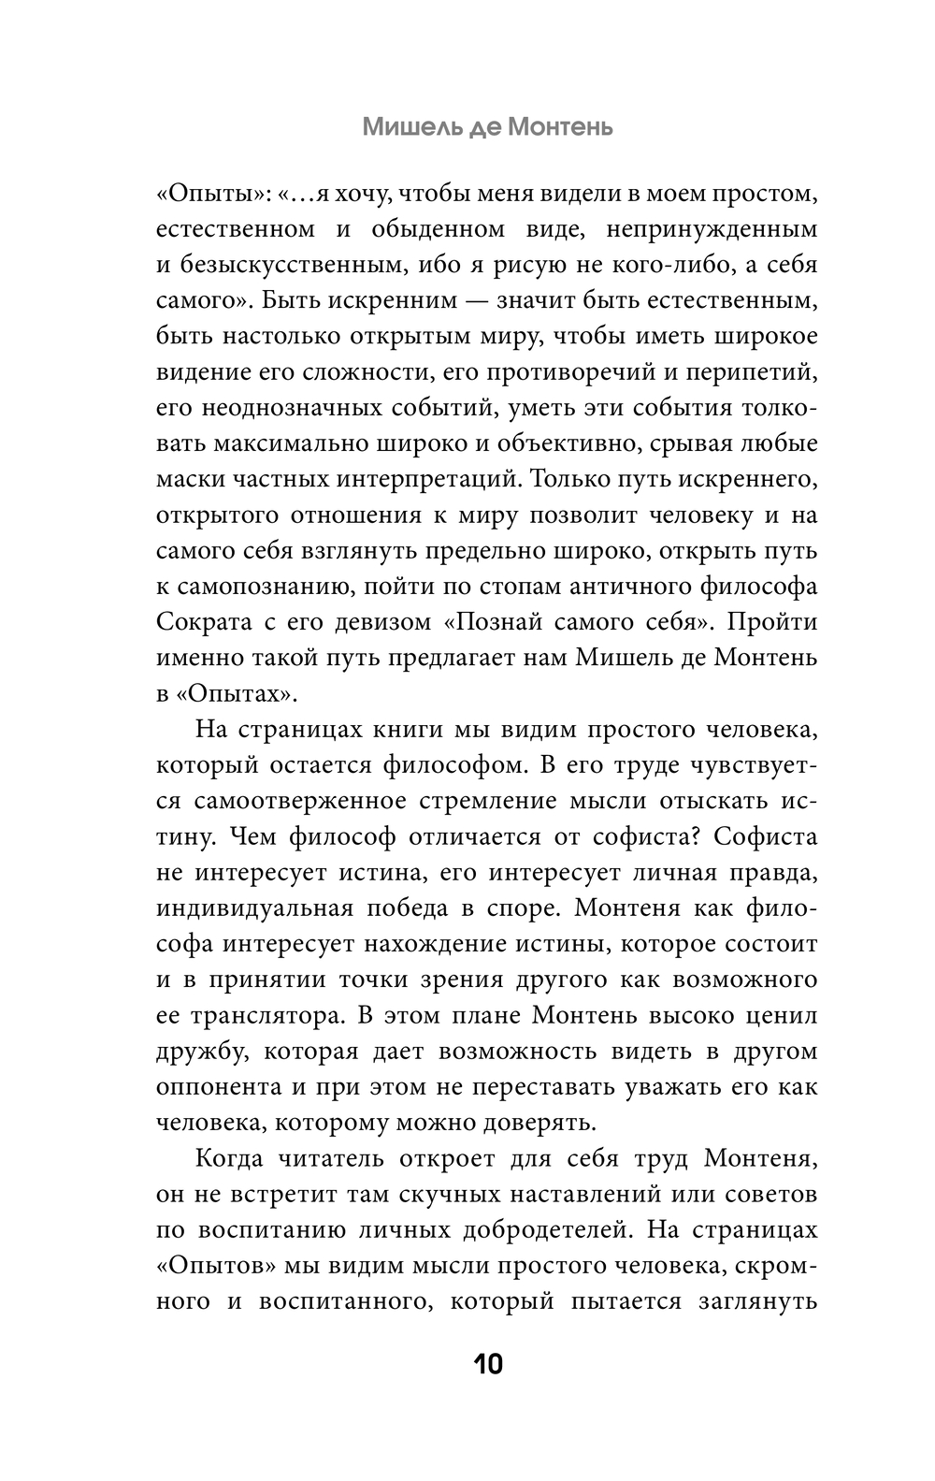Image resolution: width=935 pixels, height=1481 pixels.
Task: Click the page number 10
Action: coord(488,1364)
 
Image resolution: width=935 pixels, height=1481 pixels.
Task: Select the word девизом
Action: coord(377,622)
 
